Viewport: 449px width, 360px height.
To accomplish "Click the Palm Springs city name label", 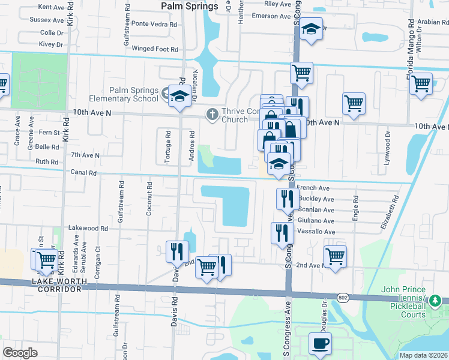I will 190,7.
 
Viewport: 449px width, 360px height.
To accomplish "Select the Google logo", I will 20,352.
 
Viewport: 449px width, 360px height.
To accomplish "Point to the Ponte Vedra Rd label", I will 155,25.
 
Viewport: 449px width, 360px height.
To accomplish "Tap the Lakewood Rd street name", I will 88,228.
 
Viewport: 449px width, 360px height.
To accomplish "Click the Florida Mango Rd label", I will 411,43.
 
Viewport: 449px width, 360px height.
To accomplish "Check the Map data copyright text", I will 423,355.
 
